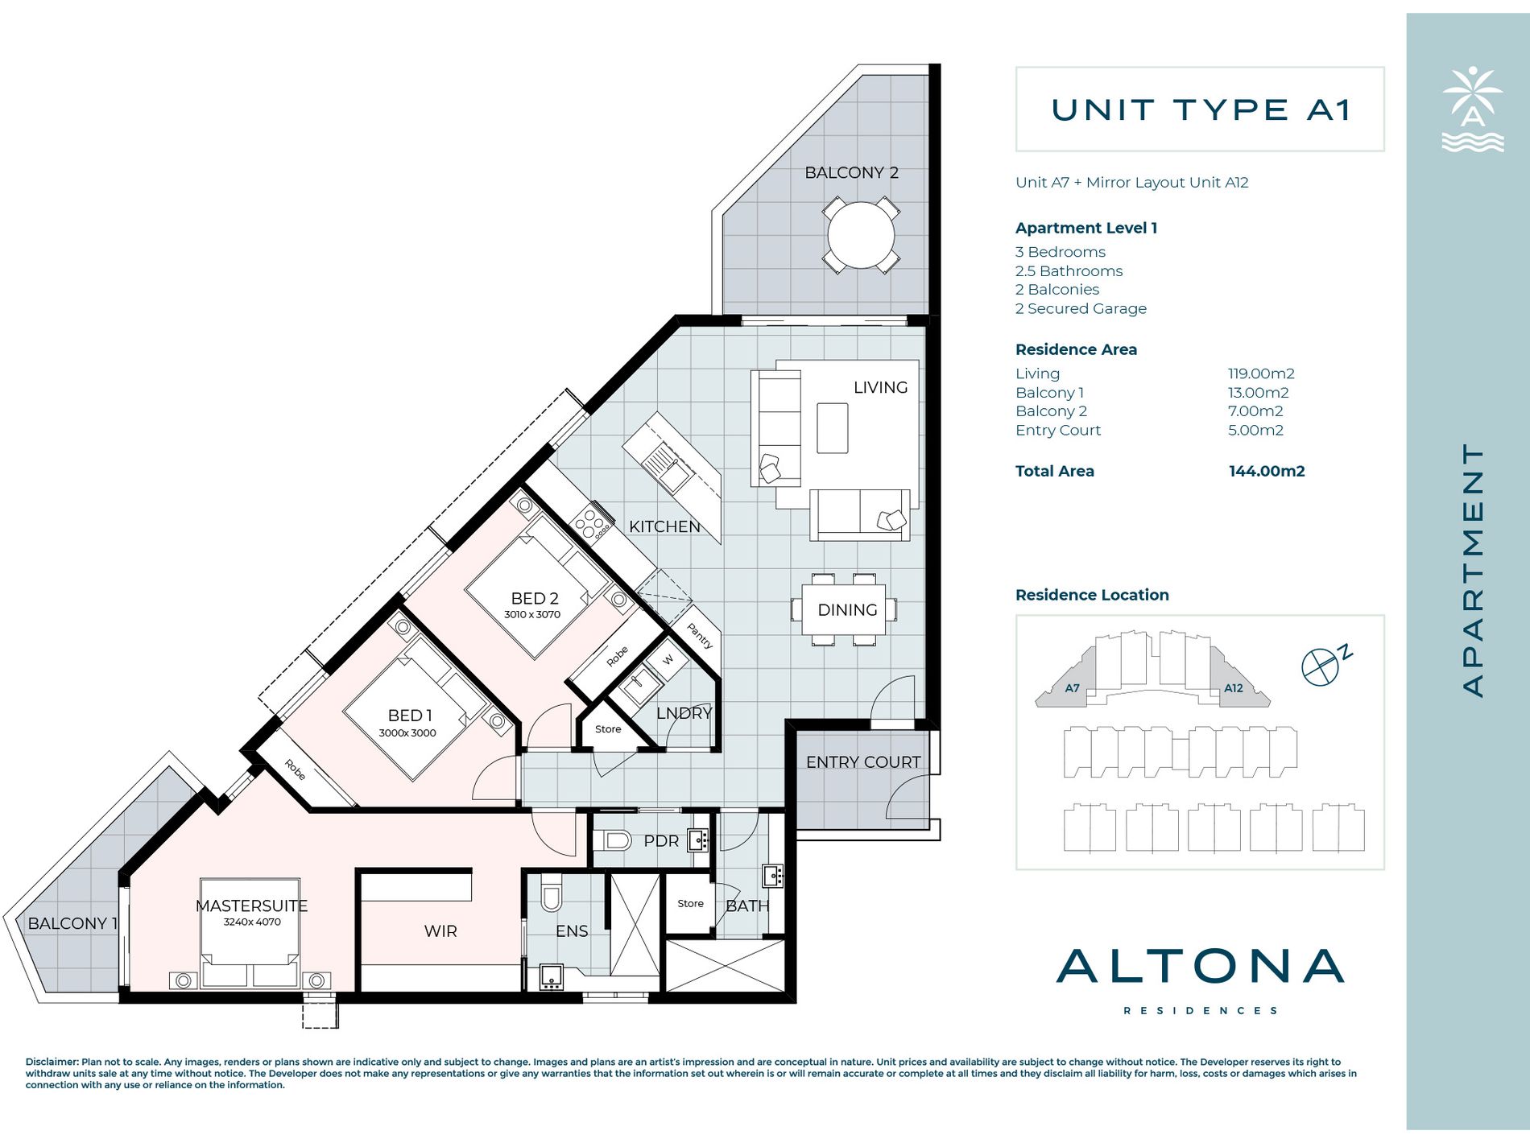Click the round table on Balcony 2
tap(861, 235)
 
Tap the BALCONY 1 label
tap(72, 923)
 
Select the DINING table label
tap(847, 610)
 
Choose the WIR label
tap(440, 931)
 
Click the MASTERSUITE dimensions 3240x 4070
tap(252, 922)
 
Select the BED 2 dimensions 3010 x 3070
tap(532, 614)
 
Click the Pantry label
tap(700, 636)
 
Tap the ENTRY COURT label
tap(863, 762)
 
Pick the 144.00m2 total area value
tap(1267, 472)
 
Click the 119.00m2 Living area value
tap(1261, 373)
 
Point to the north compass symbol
tap(1325, 665)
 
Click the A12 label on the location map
tap(1234, 688)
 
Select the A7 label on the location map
tap(1072, 688)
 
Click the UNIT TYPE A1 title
tap(1200, 110)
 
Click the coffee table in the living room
tap(833, 428)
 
